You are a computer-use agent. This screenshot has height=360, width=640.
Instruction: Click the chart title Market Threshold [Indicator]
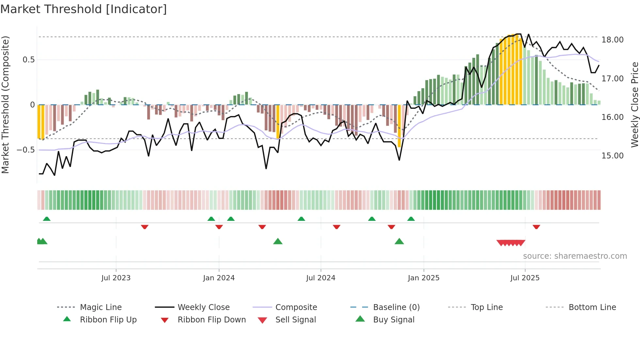[x=84, y=9]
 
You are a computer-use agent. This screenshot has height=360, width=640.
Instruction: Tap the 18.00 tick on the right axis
[x=612, y=40]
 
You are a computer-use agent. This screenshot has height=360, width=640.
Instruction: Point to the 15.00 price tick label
[x=612, y=156]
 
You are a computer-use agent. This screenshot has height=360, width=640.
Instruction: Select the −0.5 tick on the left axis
[x=25, y=150]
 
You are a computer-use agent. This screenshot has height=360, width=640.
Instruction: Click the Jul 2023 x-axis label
[x=116, y=278]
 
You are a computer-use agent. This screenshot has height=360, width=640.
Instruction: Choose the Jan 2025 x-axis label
[x=424, y=278]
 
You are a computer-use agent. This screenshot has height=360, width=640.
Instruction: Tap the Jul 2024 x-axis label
[x=321, y=278]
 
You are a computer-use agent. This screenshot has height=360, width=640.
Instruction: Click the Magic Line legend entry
[x=101, y=307]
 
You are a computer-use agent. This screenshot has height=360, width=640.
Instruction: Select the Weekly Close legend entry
[x=203, y=307]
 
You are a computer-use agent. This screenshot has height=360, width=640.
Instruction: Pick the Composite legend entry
[x=296, y=307]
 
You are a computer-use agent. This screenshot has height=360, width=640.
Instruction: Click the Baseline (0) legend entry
[x=396, y=307]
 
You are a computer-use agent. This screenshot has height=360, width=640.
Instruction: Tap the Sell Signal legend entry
[x=295, y=320]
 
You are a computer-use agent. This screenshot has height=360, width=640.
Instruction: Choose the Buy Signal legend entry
[x=393, y=320]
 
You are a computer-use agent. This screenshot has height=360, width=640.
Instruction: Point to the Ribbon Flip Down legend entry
[x=211, y=320]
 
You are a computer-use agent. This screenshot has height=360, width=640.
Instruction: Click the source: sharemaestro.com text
[x=575, y=256]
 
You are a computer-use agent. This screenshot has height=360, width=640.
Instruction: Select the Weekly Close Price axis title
[x=634, y=105]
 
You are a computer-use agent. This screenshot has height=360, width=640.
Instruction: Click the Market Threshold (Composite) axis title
[x=5, y=105]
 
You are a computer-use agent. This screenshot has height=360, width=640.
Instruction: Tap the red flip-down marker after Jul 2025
[x=536, y=227]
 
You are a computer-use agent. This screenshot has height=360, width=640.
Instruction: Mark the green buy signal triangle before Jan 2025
[x=399, y=242]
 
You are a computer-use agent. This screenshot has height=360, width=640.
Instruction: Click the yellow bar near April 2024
[x=278, y=122]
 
